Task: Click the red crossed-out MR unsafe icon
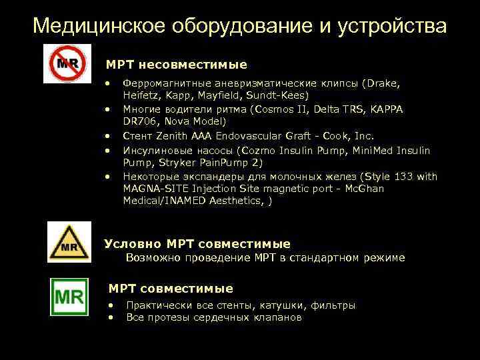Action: pyautogui.click(x=67, y=64)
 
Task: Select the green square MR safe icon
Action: pyautogui.click(x=69, y=297)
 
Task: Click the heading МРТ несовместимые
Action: pyautogui.click(x=176, y=65)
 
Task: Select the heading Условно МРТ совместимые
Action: pyautogui.click(x=198, y=244)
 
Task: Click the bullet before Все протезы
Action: pyautogui.click(x=111, y=317)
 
